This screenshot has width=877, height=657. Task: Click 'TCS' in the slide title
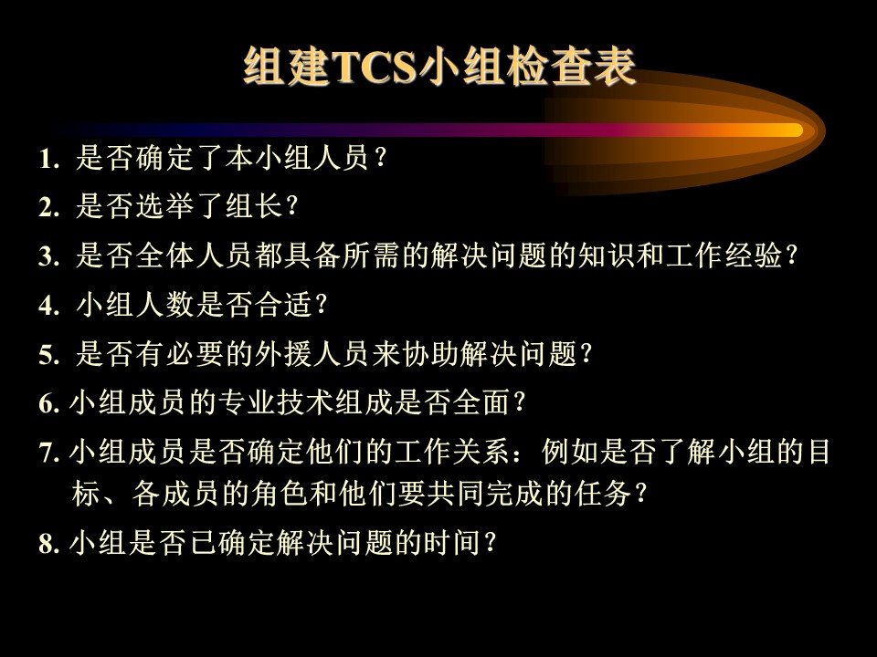(375, 67)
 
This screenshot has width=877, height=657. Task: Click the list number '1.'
(49, 159)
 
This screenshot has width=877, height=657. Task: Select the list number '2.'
(49, 208)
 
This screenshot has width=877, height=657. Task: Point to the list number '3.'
(49, 257)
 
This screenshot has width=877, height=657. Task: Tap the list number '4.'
(49, 306)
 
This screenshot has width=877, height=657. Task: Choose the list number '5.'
(49, 355)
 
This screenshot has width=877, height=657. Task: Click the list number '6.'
(49, 403)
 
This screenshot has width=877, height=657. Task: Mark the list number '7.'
(49, 453)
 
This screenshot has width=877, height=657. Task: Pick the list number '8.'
(49, 543)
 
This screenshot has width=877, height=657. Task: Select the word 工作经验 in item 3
(724, 255)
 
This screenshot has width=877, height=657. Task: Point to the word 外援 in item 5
(283, 353)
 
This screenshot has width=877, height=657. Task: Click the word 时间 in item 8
(453, 542)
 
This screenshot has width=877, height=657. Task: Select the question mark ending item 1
(382, 158)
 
